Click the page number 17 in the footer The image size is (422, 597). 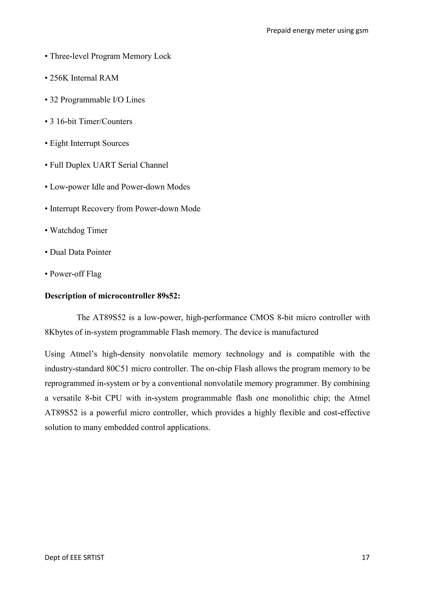coord(365,557)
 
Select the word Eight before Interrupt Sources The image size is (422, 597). coord(59,143)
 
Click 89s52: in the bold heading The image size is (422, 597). coord(168,296)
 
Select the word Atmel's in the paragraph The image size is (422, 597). coord(83,354)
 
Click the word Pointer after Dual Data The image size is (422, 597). coord(99,252)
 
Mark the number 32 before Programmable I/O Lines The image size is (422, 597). coord(54,100)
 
